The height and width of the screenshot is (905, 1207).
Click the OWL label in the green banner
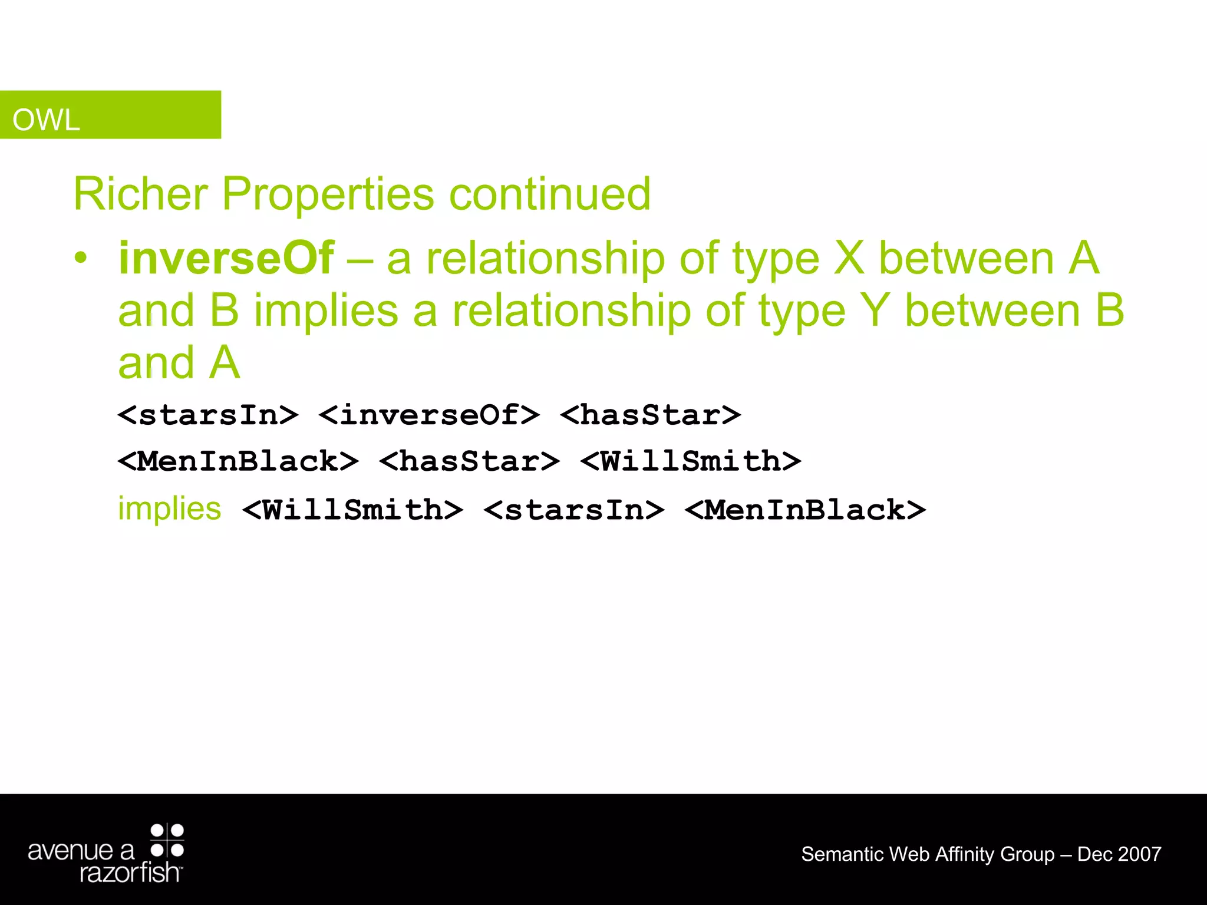coord(46,120)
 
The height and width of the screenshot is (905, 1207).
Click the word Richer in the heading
coord(140,194)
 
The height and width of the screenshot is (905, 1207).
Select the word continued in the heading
coord(549,194)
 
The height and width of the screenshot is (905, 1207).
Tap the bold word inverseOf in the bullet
coord(226,258)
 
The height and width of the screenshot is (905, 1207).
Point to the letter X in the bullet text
coord(849,258)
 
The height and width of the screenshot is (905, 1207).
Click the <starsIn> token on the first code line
coord(208,414)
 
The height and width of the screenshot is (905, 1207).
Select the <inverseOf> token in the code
coord(429,414)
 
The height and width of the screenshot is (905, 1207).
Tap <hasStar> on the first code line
coord(650,414)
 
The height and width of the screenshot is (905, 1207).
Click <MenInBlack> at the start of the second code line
coord(238,460)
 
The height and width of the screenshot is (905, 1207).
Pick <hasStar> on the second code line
coord(469,460)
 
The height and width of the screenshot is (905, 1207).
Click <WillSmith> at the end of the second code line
coord(690,460)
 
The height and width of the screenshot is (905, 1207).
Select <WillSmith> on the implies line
coord(352,509)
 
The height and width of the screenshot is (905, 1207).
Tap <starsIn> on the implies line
coord(574,509)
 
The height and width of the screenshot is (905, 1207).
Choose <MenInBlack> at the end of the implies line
coord(805,509)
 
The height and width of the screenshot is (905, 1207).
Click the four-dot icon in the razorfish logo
coord(167,840)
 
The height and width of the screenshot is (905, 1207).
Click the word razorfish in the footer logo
coord(130,872)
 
